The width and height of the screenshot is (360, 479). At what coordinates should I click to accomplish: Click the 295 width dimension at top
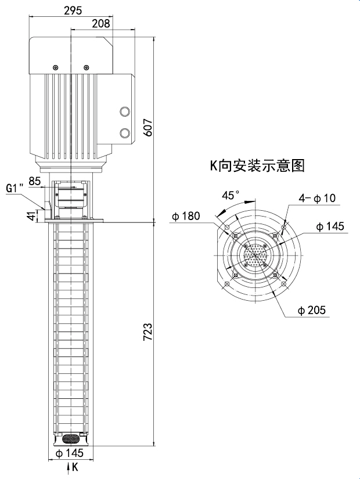73,10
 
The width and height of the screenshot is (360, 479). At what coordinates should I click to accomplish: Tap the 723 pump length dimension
149,332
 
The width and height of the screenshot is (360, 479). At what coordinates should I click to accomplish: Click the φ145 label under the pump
69,453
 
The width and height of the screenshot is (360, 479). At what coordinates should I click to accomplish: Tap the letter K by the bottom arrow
75,466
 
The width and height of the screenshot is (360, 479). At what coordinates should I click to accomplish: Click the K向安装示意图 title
257,165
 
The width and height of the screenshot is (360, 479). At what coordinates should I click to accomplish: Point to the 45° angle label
231,195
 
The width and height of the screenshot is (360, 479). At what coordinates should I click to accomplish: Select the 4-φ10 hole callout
316,199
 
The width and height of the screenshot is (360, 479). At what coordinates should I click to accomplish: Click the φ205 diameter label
312,311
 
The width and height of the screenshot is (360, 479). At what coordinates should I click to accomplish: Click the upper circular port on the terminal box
125,112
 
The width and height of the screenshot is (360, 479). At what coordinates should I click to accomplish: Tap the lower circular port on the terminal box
125,134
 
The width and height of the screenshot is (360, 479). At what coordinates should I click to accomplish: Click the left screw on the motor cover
55,67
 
